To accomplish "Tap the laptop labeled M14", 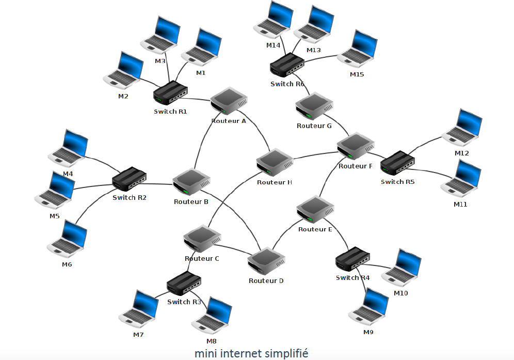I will coord(272,22).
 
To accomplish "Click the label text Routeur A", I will coord(229,121).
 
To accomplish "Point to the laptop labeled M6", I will coord(67,239).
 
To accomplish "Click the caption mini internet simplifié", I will coord(251,354).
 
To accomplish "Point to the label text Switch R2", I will coord(130,197).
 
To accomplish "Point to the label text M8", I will coord(212,341).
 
